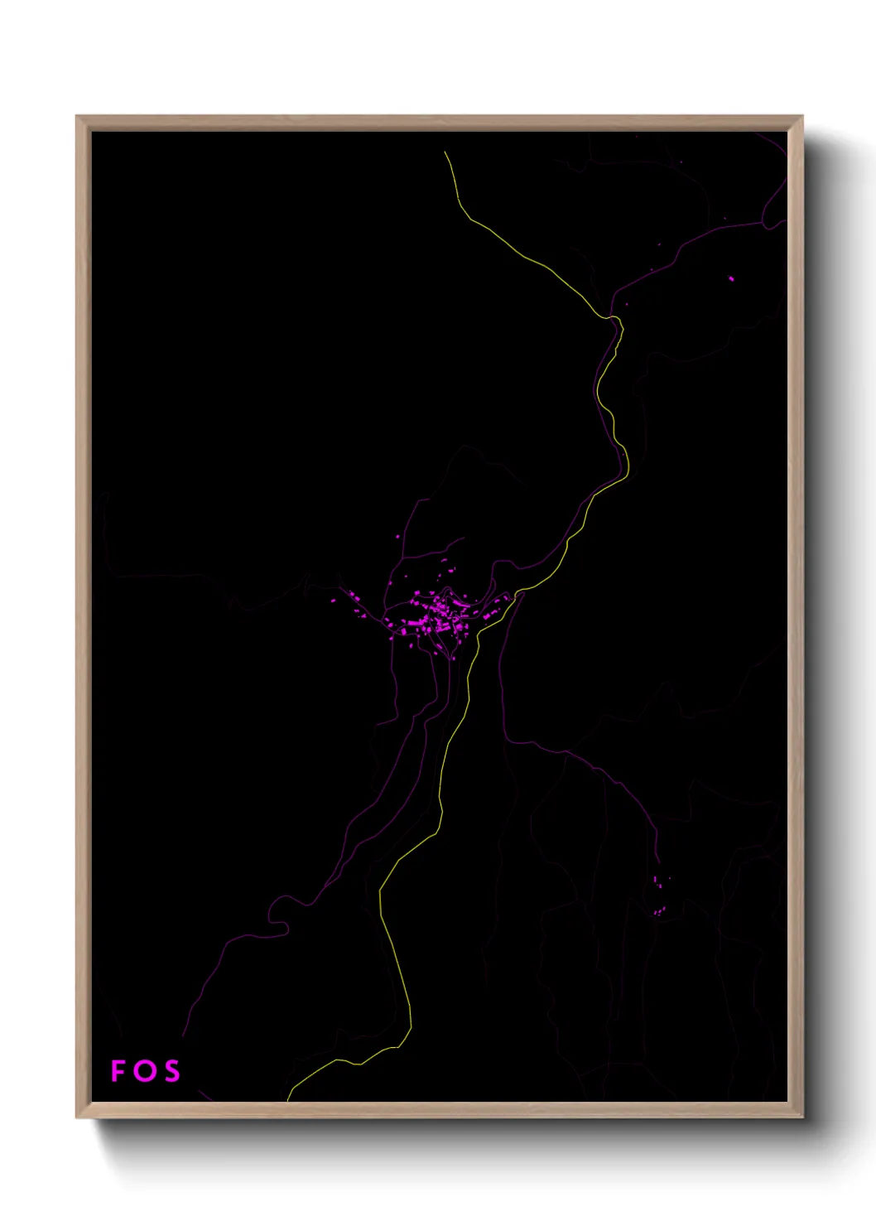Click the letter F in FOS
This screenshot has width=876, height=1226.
(118, 1071)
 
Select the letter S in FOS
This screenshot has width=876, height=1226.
(171, 1071)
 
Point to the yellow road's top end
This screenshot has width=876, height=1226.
(445, 152)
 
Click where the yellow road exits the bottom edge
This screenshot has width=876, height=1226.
(288, 1099)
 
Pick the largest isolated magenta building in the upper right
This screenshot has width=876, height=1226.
(731, 279)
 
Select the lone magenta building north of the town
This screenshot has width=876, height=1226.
(398, 537)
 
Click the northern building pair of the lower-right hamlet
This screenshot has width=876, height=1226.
(657, 881)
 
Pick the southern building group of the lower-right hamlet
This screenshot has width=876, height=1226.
(659, 911)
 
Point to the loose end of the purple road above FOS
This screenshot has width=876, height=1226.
(183, 1035)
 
